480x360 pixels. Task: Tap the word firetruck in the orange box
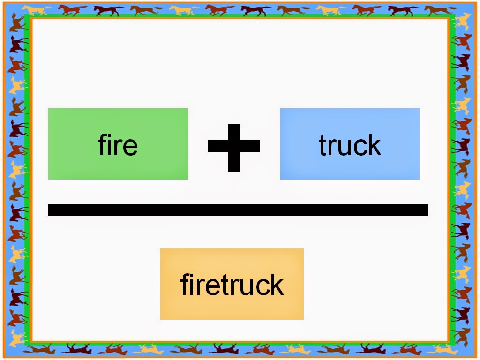click(232, 284)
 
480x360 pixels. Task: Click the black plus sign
click(233, 147)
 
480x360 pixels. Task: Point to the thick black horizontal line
click(238, 210)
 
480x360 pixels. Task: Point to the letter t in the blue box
click(323, 145)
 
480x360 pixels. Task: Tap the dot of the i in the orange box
click(193, 275)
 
